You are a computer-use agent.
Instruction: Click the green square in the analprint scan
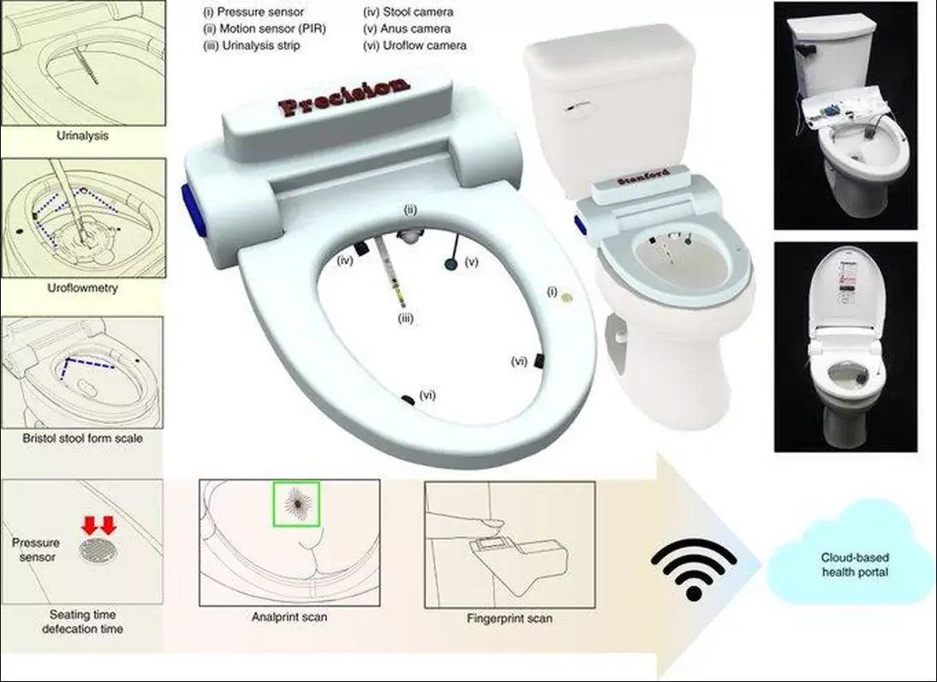[x=296, y=505]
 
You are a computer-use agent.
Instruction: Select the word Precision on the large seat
[x=345, y=95]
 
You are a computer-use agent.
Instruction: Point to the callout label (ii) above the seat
[x=410, y=209]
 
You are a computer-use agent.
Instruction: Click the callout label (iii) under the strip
[x=406, y=318]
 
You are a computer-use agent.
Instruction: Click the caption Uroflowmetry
[x=82, y=288]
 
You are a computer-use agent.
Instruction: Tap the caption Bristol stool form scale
[x=82, y=438]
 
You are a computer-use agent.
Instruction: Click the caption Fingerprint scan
[x=509, y=617]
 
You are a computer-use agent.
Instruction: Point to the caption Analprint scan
[x=289, y=617]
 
